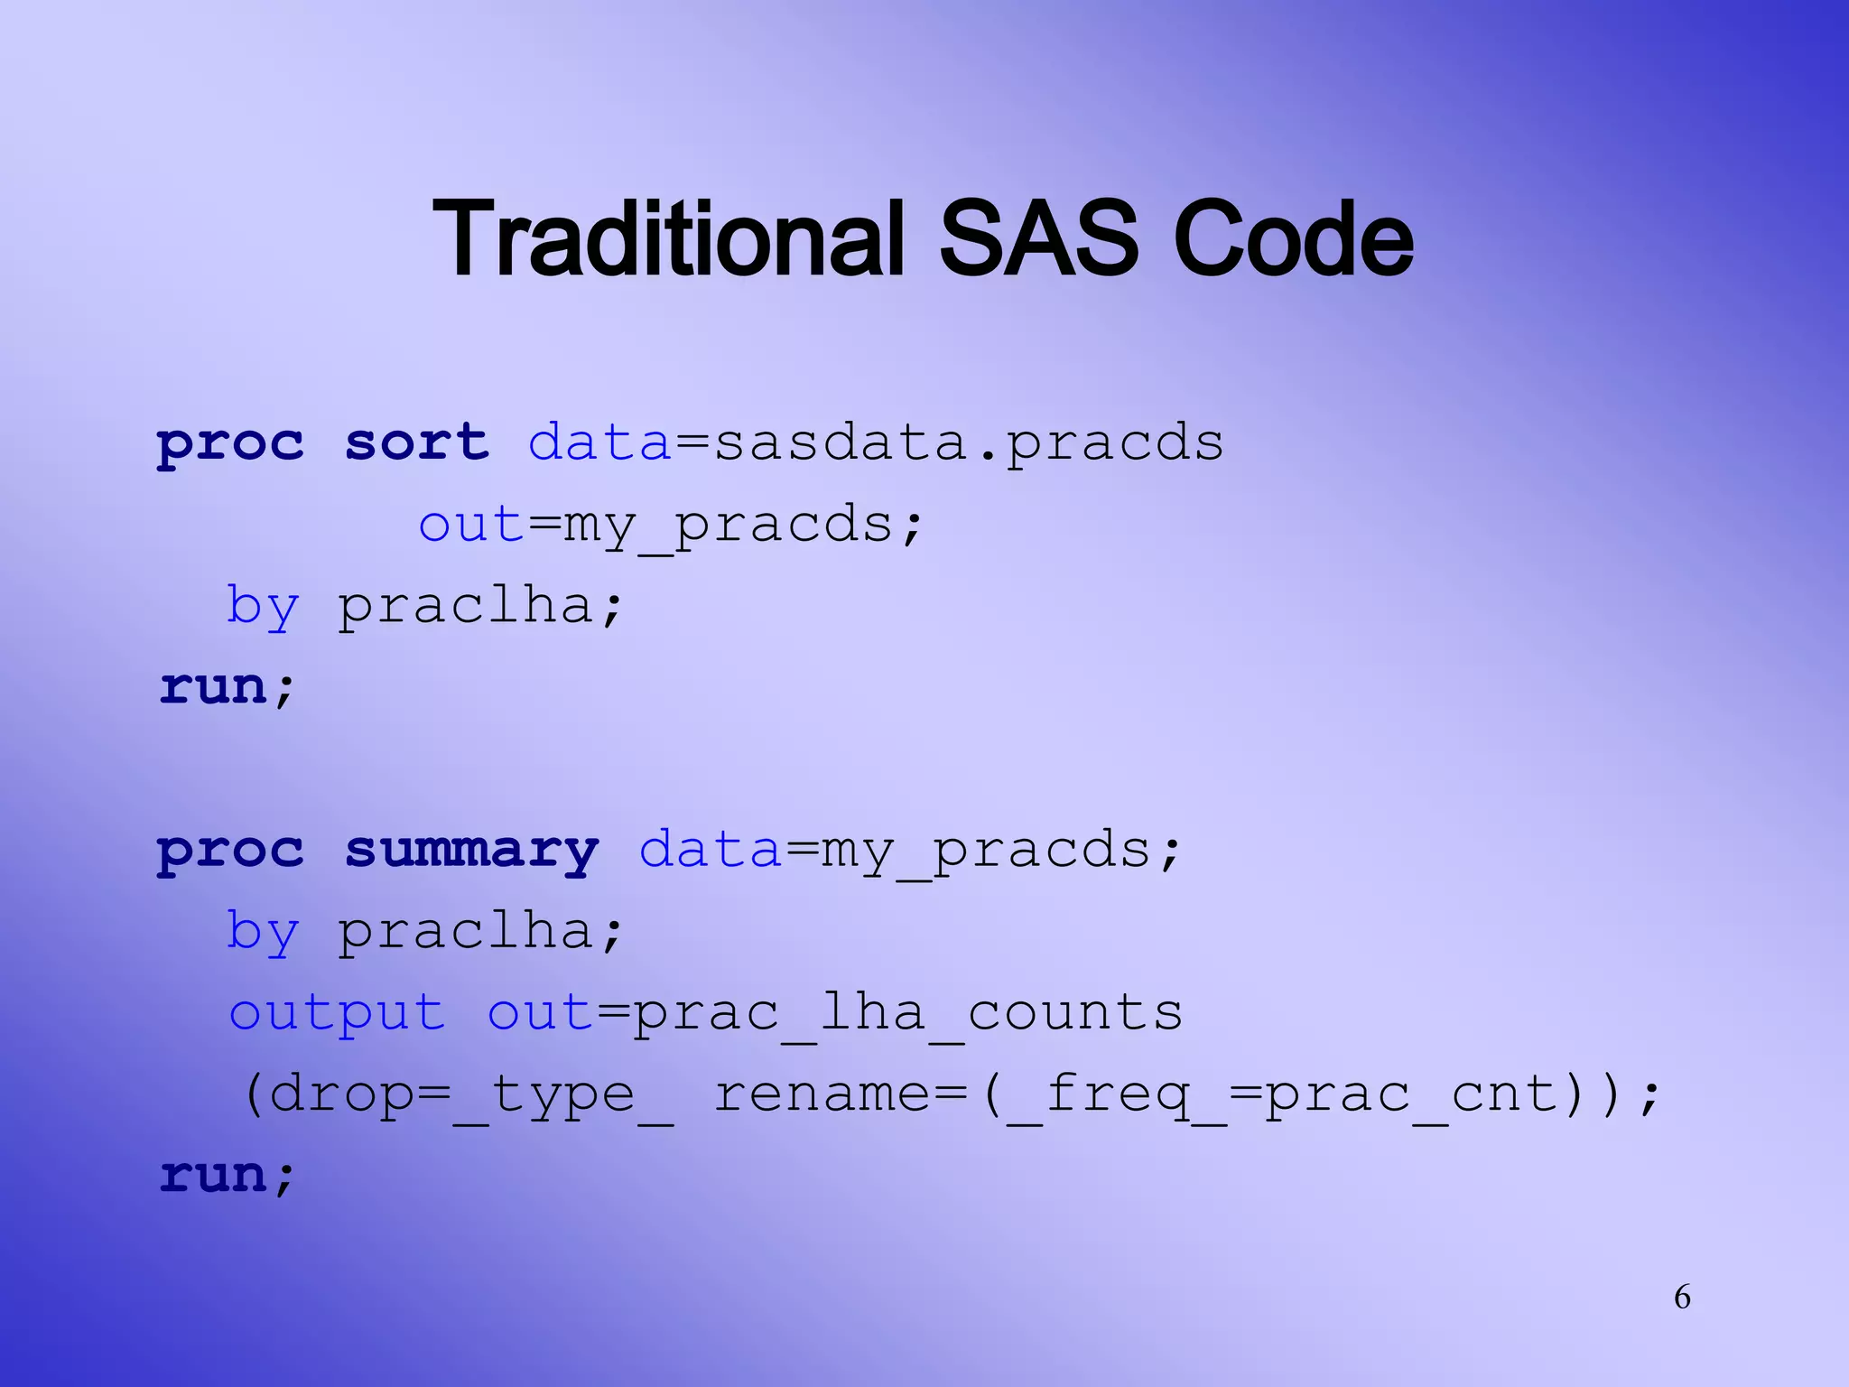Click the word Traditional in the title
pyautogui.click(x=668, y=239)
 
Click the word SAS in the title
pyautogui.click(x=1038, y=239)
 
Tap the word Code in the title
pyautogui.click(x=1293, y=239)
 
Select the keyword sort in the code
pyautogui.click(x=417, y=442)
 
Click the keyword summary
pyautogui.click(x=471, y=851)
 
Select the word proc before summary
pyautogui.click(x=231, y=851)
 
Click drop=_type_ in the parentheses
pyautogui.click(x=469, y=1094)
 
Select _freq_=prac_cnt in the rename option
pyautogui.click(x=1282, y=1094)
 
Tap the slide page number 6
pyautogui.click(x=1682, y=1297)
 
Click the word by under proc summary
pyautogui.click(x=262, y=932)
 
